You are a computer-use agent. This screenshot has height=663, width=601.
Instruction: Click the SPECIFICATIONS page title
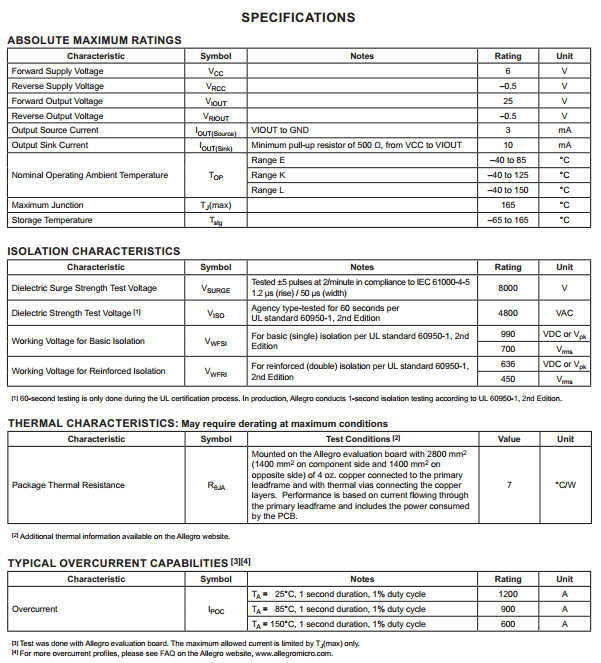(298, 17)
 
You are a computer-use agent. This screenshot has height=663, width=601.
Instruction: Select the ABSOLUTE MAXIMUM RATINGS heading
(94, 40)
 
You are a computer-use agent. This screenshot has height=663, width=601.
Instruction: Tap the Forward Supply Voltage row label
(57, 71)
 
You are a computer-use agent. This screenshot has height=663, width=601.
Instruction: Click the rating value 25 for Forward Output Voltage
(508, 101)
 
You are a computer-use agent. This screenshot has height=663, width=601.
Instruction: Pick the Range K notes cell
(269, 175)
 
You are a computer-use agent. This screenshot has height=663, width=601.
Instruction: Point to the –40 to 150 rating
(508, 190)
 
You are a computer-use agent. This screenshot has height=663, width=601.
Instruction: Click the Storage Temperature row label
(52, 220)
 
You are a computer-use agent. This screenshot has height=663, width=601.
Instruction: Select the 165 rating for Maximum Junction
(508, 205)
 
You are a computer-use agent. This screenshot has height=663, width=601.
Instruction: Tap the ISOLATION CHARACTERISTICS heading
(94, 251)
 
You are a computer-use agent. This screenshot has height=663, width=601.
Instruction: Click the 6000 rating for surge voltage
(508, 288)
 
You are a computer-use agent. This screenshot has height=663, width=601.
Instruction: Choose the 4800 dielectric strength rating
(508, 313)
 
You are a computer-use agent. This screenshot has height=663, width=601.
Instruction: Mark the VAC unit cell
(565, 313)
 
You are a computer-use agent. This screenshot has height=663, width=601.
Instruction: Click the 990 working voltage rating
(508, 334)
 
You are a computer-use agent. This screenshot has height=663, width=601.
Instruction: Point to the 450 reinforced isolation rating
(508, 379)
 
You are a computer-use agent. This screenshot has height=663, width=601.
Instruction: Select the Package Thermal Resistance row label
(68, 485)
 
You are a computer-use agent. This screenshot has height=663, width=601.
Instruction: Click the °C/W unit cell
(565, 485)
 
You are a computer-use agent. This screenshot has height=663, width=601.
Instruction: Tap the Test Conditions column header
(363, 439)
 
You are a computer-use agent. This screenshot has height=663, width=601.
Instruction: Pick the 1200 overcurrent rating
(508, 594)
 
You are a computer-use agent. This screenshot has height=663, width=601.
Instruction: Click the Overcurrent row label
(34, 609)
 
